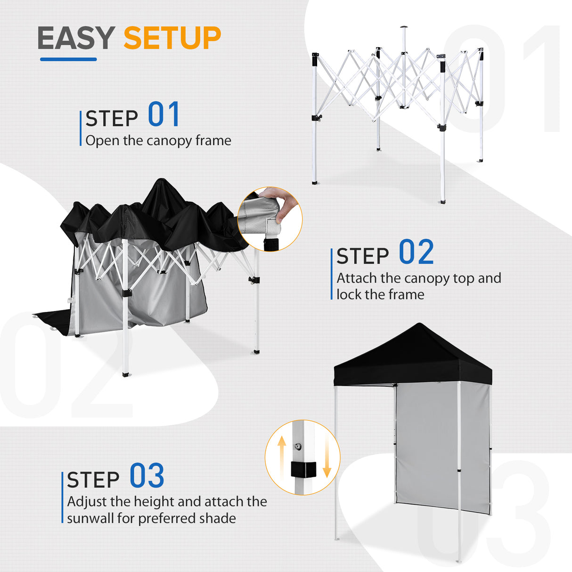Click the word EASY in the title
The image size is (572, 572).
pos(75,38)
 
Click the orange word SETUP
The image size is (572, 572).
pos(172,38)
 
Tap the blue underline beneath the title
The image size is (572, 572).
pos(68,59)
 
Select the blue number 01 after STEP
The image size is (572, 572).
pos(163,115)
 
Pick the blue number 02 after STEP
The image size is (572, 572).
pos(416,253)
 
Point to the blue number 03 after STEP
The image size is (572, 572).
pos(147,476)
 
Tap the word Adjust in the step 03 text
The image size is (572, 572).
pos(87,501)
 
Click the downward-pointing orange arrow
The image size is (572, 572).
pos(327,459)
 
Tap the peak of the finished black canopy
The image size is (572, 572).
pos(419,325)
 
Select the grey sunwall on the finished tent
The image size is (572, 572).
pos(426,448)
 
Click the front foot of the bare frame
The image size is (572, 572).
pos(441,201)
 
